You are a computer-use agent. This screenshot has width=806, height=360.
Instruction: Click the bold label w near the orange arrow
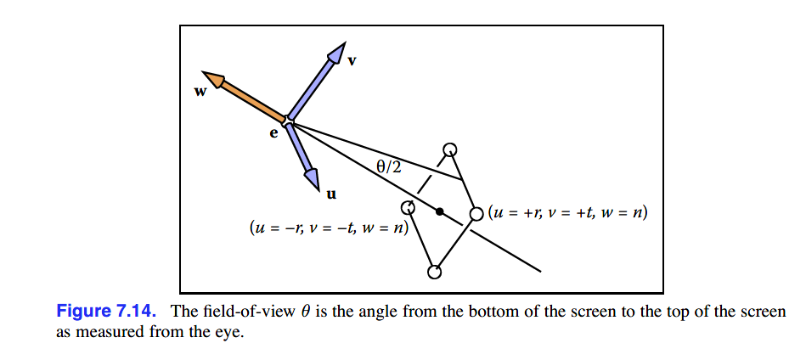click(200, 92)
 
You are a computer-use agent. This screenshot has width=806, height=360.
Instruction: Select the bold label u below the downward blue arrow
click(331, 194)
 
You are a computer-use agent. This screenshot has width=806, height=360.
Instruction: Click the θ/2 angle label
click(389, 167)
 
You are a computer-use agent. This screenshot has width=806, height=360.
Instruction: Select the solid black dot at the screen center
click(439, 211)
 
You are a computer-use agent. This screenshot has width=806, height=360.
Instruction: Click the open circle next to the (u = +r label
click(476, 214)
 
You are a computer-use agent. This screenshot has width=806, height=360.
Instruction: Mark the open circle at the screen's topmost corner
click(450, 150)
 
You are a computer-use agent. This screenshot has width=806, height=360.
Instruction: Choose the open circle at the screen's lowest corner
click(434, 273)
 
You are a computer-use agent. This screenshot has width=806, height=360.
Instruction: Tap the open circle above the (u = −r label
click(408, 206)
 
